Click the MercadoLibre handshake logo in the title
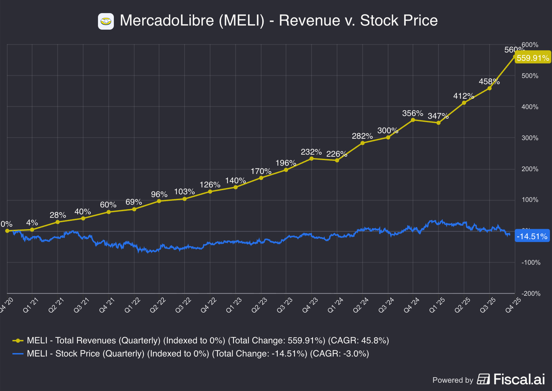[106, 21]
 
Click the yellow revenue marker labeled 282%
[362, 143]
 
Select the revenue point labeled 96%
[159, 201]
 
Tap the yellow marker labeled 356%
[413, 120]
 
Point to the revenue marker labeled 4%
[32, 229]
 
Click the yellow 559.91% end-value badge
[533, 58]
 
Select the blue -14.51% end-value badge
[532, 236]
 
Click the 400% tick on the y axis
[530, 107]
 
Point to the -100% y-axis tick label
[531, 263]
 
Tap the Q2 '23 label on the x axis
[259, 305]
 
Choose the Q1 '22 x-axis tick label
[132, 305]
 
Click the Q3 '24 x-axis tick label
[386, 305]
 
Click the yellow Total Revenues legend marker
[18, 341]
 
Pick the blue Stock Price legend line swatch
[18, 354]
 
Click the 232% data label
[311, 152]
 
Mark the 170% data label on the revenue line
[261, 171]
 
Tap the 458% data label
[489, 82]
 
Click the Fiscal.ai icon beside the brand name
[483, 379]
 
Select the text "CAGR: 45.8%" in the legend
[358, 341]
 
